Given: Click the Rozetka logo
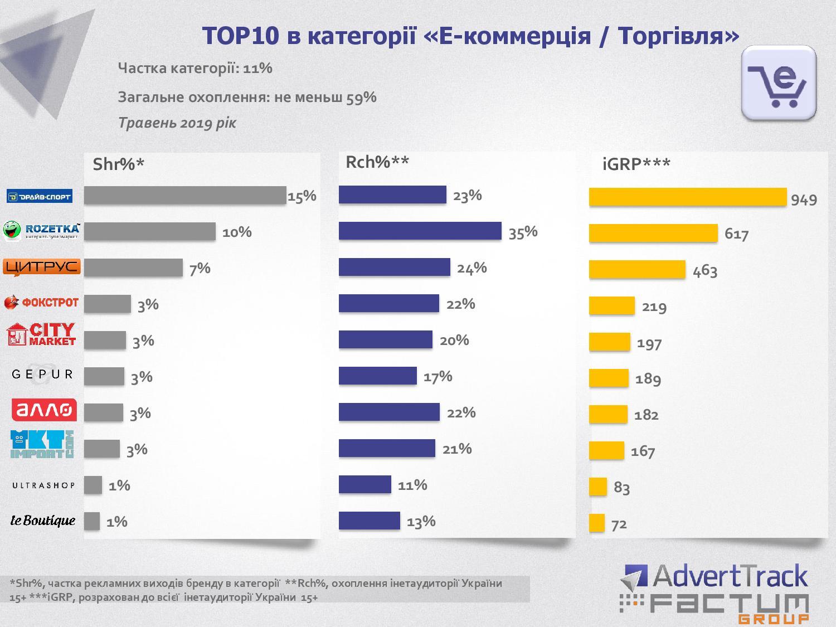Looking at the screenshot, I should pyautogui.click(x=42, y=231).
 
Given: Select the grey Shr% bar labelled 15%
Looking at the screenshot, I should pyautogui.click(x=184, y=196).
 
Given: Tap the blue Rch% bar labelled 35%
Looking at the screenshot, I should pyautogui.click(x=420, y=231).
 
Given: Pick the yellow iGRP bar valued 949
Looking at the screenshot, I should pyautogui.click(x=687, y=197).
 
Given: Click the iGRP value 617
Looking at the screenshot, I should pyautogui.click(x=736, y=234).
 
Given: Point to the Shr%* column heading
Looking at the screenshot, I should pyautogui.click(x=118, y=164).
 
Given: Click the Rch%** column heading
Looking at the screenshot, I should pyautogui.click(x=377, y=162).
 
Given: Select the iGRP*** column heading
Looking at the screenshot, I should pyautogui.click(x=636, y=164).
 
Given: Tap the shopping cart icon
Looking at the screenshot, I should pyautogui.click(x=779, y=84).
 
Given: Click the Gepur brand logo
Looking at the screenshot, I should pyautogui.click(x=42, y=375).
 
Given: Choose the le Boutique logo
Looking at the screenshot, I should pyautogui.click(x=43, y=521).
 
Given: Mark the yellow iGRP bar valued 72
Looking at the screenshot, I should pyautogui.click(x=596, y=523).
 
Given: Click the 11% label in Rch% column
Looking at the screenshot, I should pyautogui.click(x=412, y=485).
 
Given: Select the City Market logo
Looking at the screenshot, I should pyautogui.click(x=41, y=335).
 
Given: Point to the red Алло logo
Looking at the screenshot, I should pyautogui.click(x=43, y=411).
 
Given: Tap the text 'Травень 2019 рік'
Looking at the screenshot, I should pyautogui.click(x=177, y=123).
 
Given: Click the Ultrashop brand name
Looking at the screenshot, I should pyautogui.click(x=43, y=485).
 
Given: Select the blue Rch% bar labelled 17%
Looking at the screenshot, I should pyautogui.click(x=377, y=376).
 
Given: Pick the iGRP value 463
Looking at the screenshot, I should pyautogui.click(x=704, y=271).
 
